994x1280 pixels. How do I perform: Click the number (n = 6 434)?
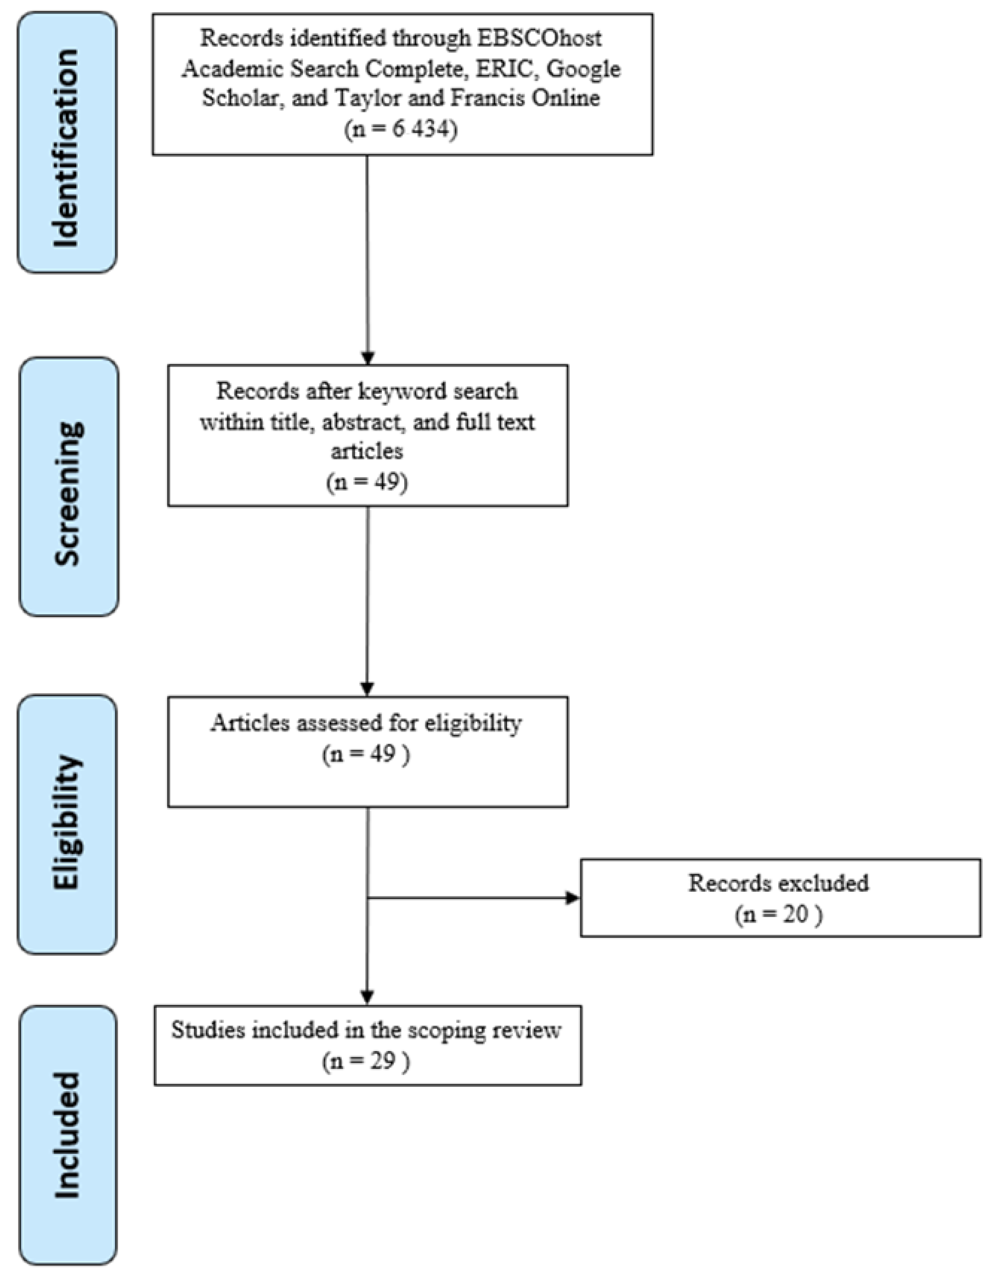point(401,128)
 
